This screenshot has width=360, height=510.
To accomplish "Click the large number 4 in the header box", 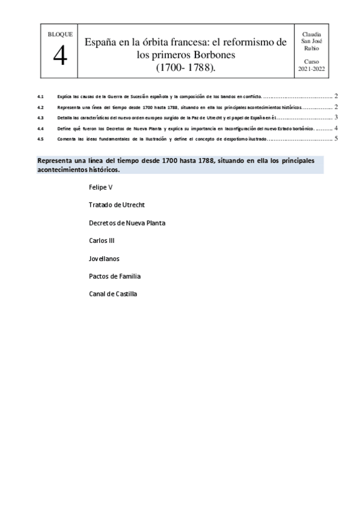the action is [59, 57].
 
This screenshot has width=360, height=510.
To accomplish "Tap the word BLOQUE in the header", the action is [59, 35].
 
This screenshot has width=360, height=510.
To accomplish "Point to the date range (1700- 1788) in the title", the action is [186, 68].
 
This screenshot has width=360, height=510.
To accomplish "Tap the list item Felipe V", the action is [100, 187].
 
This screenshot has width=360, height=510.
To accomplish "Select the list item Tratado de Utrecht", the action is [117, 205].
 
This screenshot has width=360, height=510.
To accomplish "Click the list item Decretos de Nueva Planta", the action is [127, 223].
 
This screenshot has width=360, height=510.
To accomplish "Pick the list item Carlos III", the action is [102, 241].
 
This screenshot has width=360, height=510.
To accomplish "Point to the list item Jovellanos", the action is [104, 259].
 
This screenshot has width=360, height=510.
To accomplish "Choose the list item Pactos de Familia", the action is [115, 276].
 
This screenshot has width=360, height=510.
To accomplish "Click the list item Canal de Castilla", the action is [113, 294].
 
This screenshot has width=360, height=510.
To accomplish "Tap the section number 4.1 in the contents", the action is [40, 96].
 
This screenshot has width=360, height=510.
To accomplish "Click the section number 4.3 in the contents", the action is [40, 118].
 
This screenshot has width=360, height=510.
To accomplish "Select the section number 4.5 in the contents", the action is [40, 139].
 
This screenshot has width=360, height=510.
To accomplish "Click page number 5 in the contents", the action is [337, 139].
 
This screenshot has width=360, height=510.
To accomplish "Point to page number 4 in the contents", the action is [337, 128].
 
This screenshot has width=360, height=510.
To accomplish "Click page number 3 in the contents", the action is [337, 118].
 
